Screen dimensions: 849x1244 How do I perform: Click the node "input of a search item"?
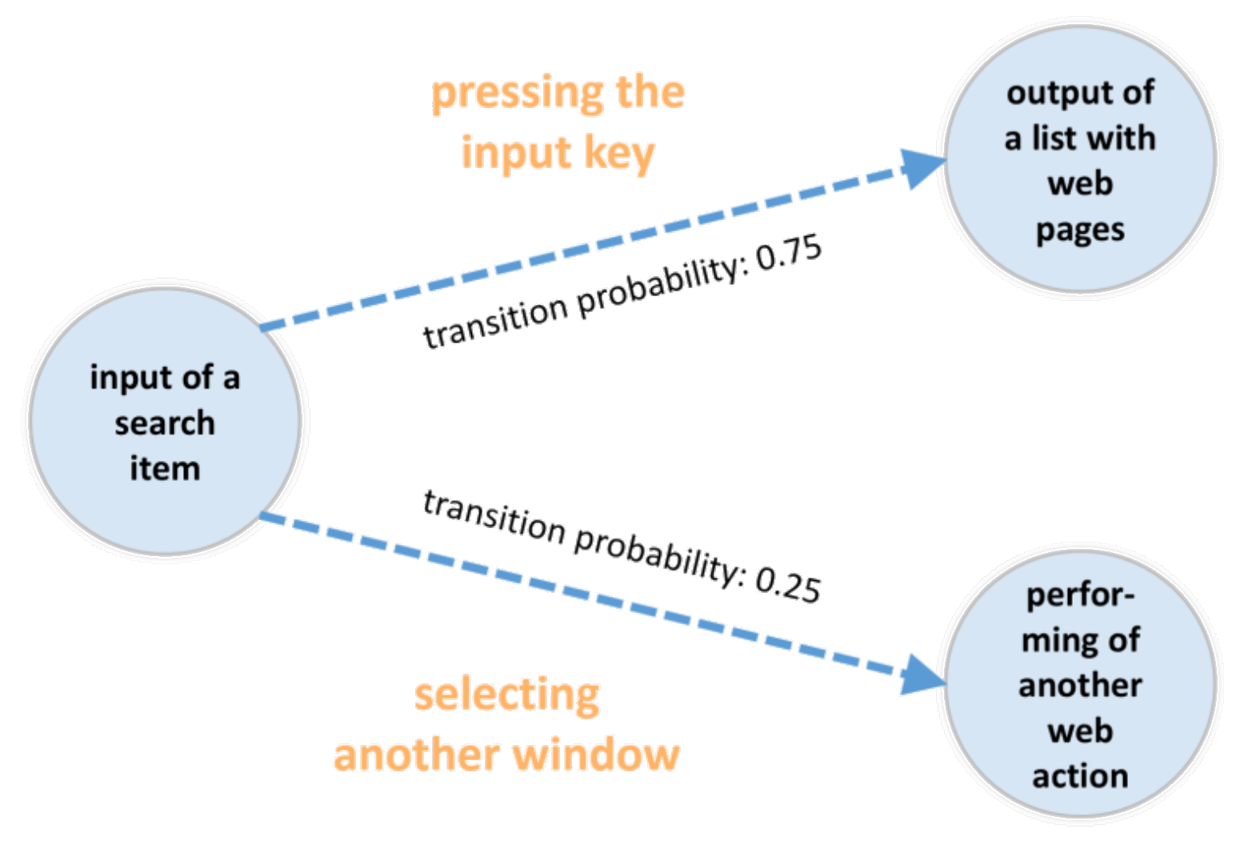165,422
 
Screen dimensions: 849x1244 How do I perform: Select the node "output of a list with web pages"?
1080,160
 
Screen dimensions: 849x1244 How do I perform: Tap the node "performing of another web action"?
1080,684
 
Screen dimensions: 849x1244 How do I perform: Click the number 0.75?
789,255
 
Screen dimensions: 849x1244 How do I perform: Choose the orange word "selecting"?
507,695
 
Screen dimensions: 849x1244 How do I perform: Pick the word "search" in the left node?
165,422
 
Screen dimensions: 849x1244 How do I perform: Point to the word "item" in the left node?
165,468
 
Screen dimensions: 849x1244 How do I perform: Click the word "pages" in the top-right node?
1080,230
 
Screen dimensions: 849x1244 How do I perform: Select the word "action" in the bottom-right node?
1080,776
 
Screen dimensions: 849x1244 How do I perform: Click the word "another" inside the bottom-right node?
1080,686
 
